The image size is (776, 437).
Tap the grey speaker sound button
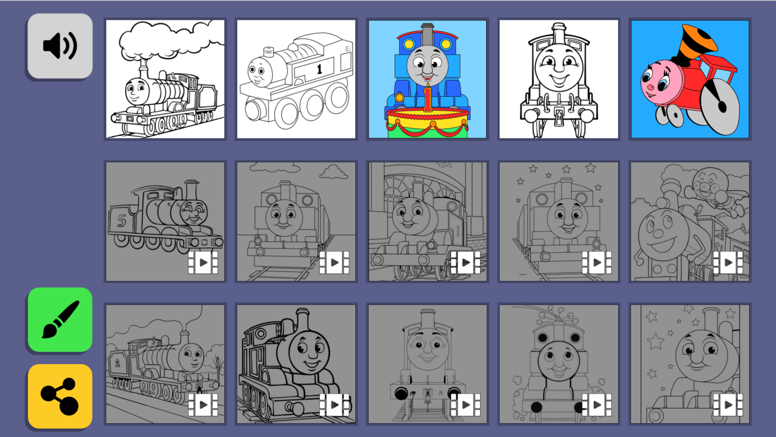coord(60,46)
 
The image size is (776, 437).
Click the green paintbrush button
coord(60,320)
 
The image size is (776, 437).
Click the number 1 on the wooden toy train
coord(319,69)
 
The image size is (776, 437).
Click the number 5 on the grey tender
coord(122,221)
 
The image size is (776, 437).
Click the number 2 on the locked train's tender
coord(117,363)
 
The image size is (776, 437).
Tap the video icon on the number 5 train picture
coord(204,263)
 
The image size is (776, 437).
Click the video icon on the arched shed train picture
coord(466,263)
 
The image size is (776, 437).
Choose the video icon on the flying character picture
coord(728,263)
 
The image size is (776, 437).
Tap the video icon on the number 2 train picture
coord(204,405)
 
